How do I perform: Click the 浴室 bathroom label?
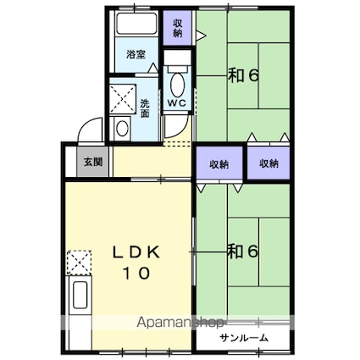(x=136, y=54)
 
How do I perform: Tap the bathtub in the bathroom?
(x=136, y=24)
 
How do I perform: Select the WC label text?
(x=177, y=102)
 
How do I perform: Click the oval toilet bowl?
(x=178, y=85)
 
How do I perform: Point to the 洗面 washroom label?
(x=145, y=108)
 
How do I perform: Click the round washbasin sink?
(x=122, y=129)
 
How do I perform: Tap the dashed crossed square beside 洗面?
(x=123, y=98)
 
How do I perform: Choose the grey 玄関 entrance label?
(x=92, y=163)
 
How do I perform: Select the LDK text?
(x=136, y=252)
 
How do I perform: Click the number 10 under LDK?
(x=136, y=273)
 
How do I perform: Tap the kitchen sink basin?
(x=80, y=295)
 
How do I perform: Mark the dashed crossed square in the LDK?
(x=79, y=263)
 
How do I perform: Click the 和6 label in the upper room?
(x=243, y=75)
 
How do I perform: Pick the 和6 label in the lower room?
(x=243, y=252)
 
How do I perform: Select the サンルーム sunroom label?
(x=243, y=338)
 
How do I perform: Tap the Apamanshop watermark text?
(x=180, y=323)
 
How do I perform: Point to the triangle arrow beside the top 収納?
(x=201, y=36)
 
